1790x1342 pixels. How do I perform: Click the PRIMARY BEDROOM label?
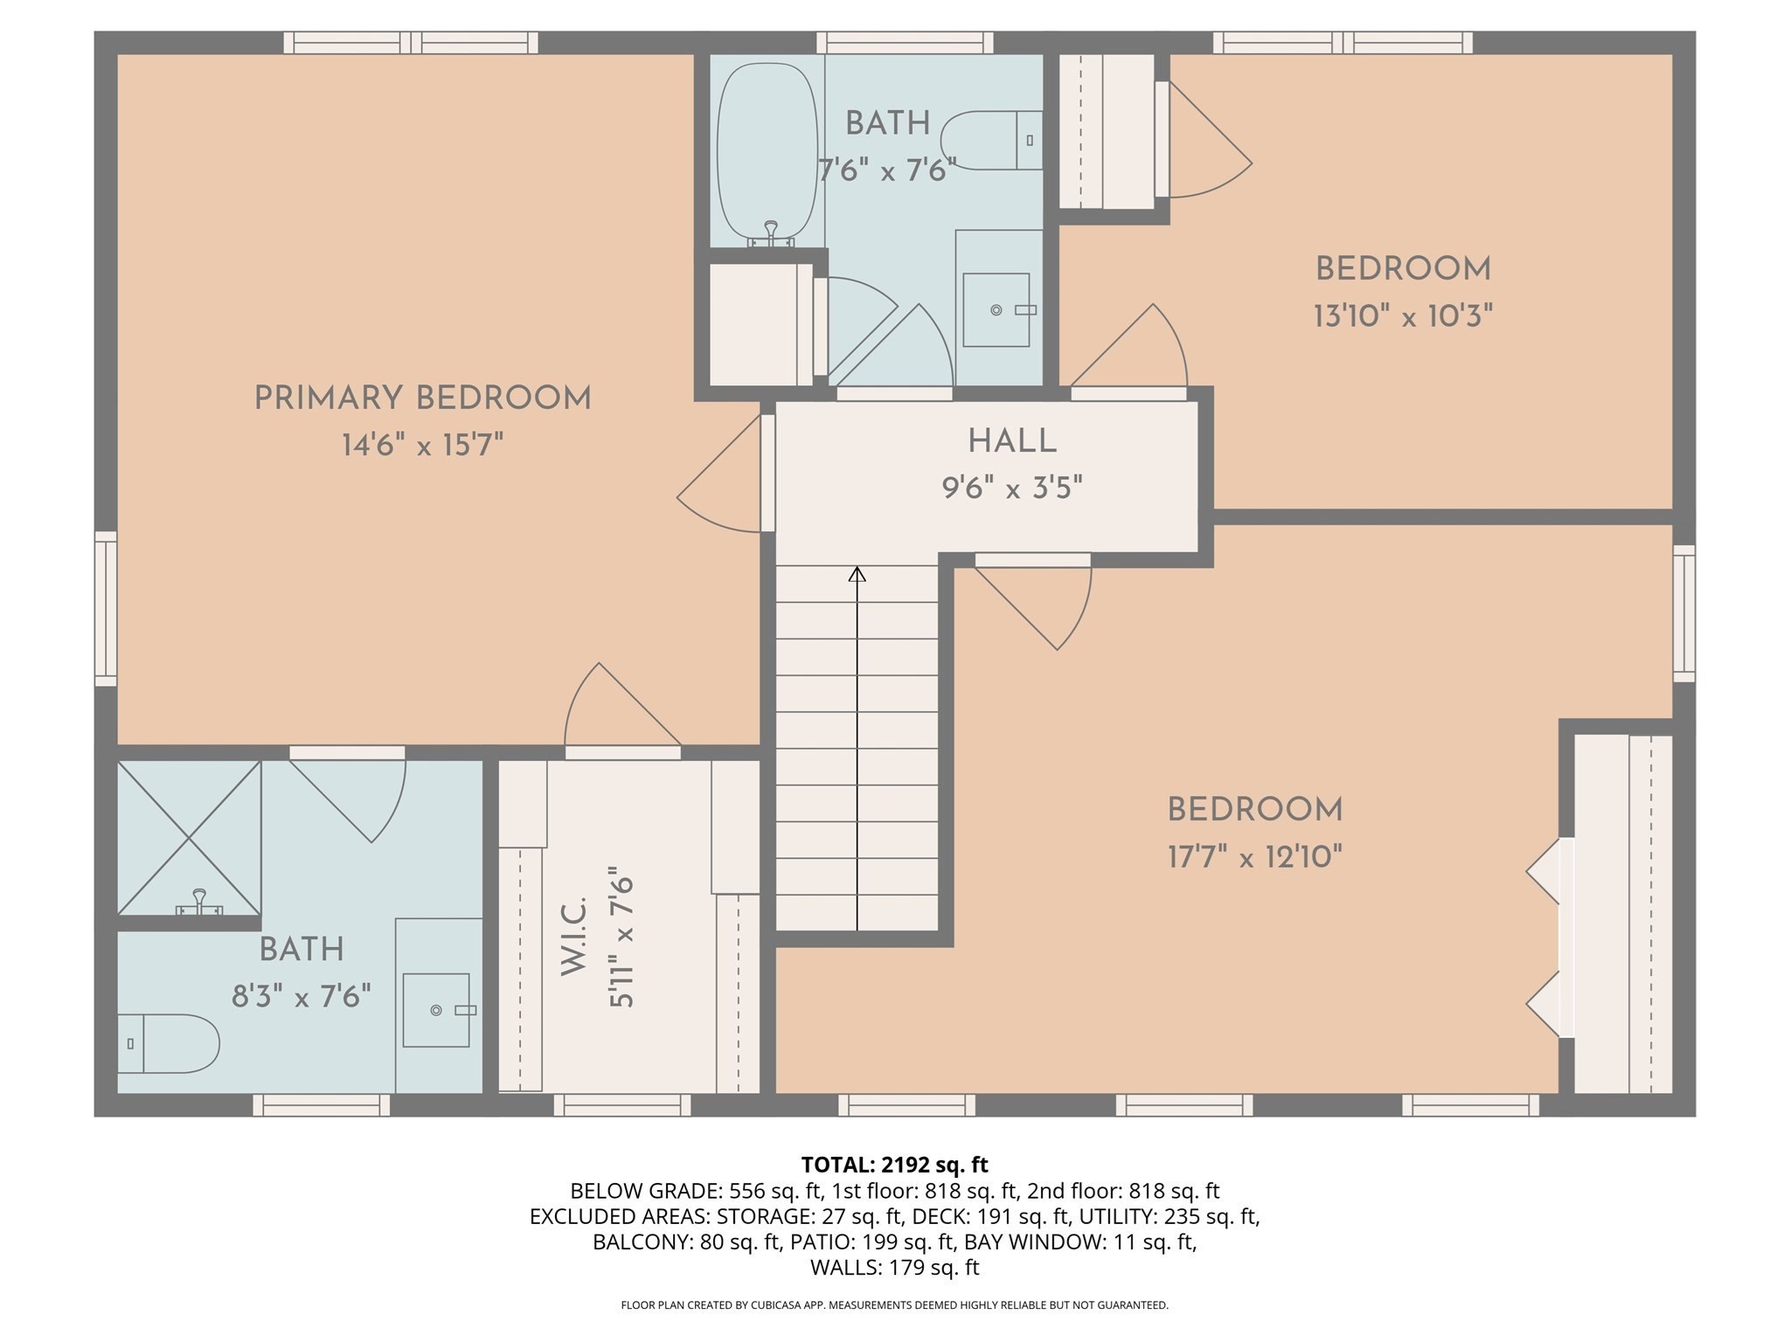[422, 398]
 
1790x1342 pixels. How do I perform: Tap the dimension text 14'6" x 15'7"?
[422, 446]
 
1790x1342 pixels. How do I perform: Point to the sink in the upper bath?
[996, 309]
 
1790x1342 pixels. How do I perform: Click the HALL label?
[1012, 441]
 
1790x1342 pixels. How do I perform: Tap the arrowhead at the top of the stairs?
[857, 574]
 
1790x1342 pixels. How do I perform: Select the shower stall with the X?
[189, 837]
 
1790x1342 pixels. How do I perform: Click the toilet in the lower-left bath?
[166, 1043]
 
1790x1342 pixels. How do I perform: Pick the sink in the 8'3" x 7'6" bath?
[436, 1010]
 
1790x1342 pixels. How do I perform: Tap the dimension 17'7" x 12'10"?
[1254, 857]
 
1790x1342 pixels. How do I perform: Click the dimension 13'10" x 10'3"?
[1403, 315]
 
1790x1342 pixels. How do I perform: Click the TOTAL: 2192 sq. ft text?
[894, 1165]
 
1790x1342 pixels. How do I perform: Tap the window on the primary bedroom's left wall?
[106, 608]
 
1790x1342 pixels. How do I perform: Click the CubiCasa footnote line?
[894, 1305]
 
